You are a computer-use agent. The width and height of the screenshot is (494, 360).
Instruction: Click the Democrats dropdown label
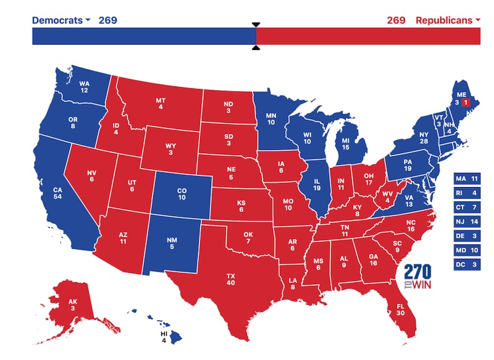[x=61, y=20]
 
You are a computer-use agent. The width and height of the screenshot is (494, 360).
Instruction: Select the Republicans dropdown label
[x=448, y=20]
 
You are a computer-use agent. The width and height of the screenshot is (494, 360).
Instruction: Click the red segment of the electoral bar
[x=368, y=36]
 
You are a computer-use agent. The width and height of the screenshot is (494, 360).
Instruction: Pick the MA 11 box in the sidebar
[x=467, y=179]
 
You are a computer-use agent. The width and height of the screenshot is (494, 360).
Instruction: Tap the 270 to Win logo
[x=417, y=277]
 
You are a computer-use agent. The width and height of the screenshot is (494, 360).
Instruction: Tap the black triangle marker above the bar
[x=256, y=25]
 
